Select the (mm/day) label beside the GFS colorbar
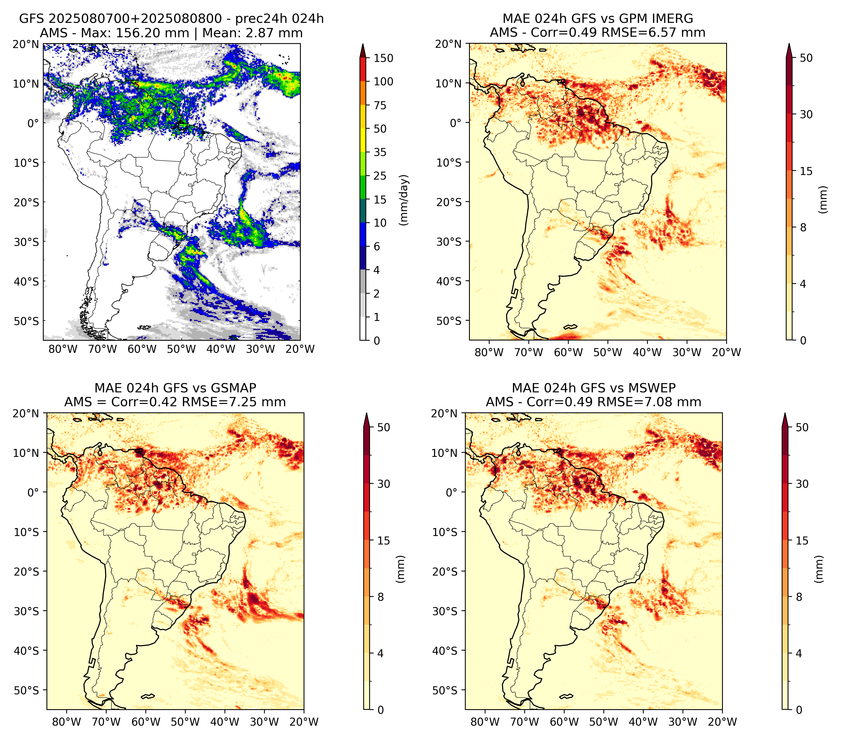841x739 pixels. (x=405, y=200)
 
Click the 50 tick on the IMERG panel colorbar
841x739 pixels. (x=806, y=58)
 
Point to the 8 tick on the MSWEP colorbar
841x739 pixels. (x=799, y=597)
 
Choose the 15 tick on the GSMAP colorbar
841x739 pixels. (x=384, y=541)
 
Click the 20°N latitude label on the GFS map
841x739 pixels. (x=25, y=44)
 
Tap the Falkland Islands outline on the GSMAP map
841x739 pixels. (x=147, y=696)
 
